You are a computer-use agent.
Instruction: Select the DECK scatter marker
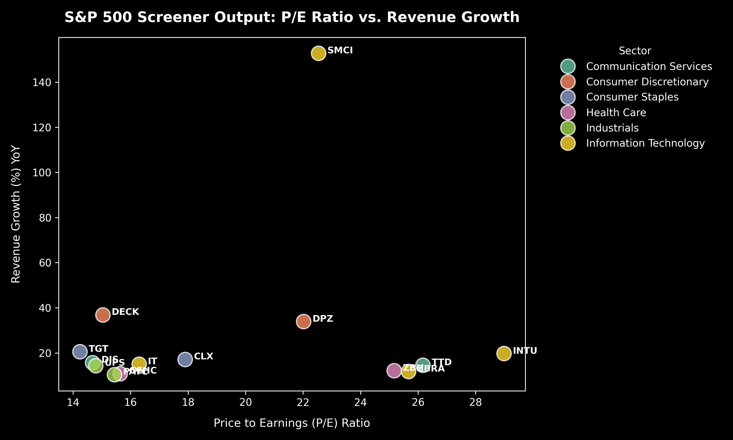click(103, 315)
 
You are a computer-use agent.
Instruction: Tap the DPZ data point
click(303, 321)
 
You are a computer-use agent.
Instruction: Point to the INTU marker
click(504, 353)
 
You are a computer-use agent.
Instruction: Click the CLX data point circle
click(185, 360)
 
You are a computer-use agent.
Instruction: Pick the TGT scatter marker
click(80, 352)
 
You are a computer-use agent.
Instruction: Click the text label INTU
click(525, 351)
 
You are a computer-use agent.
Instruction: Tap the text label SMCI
click(340, 50)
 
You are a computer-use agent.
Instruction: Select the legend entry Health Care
click(616, 113)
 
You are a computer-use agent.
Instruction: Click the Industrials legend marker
click(568, 128)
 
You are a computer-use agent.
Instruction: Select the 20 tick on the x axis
click(246, 402)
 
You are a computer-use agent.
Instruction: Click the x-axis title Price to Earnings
click(291, 423)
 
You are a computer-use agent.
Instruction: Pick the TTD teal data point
click(423, 365)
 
